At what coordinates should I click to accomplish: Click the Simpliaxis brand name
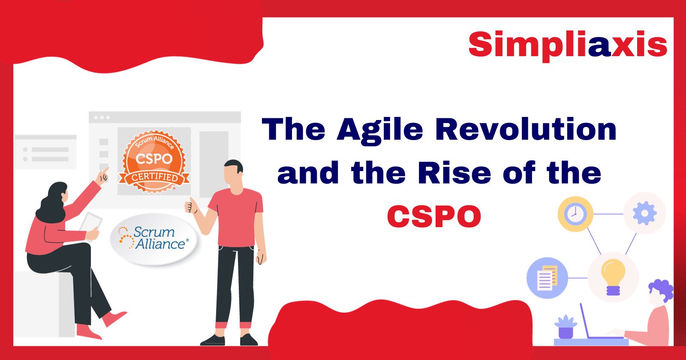567,44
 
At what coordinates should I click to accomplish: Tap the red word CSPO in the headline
434,216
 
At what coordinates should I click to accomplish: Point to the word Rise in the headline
455,173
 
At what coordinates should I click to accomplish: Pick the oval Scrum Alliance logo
153,238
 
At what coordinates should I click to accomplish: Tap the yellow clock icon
575,214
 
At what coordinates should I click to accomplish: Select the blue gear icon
644,213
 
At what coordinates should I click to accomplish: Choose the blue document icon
547,278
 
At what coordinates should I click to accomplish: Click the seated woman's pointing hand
102,175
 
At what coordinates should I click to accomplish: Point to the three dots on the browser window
102,117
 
